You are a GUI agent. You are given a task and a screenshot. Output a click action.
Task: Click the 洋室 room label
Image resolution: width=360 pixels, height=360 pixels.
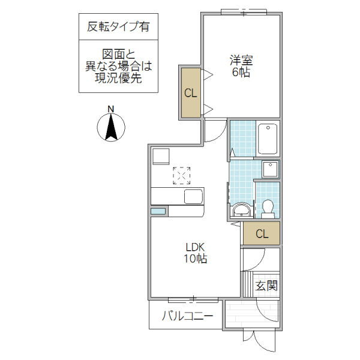tap(241, 60)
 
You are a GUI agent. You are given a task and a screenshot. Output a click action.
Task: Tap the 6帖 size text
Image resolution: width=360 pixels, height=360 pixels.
tap(241, 72)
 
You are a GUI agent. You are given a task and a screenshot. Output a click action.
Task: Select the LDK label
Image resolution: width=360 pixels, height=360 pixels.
tap(195, 247)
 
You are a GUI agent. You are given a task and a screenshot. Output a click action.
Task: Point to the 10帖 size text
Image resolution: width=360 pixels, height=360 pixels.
tap(195, 259)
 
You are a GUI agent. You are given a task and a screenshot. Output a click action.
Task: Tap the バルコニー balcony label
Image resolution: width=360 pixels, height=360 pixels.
tap(187, 316)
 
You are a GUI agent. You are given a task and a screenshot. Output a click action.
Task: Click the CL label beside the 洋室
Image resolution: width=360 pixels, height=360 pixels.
tap(190, 93)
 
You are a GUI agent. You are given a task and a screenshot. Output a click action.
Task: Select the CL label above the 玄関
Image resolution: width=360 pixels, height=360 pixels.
tap(262, 233)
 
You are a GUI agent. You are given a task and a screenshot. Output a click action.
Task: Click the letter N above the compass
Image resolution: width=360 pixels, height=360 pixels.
tap(110, 109)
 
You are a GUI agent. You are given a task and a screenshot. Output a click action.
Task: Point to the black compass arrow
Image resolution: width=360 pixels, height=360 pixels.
tap(110, 127)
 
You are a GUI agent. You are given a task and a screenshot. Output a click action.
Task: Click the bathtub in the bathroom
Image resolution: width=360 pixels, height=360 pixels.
tap(267, 140)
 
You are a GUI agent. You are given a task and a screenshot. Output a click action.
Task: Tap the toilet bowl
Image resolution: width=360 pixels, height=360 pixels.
tap(268, 208)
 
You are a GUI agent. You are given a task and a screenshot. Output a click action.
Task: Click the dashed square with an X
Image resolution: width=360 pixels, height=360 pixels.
tap(182, 176)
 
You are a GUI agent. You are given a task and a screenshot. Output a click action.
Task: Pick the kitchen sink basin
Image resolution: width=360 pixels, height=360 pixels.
tap(194, 196)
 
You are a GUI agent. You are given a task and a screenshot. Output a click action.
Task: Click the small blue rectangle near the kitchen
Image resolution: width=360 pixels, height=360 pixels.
tap(158, 211)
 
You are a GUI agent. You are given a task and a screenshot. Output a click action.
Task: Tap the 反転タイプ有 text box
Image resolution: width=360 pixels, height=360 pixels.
tap(119, 26)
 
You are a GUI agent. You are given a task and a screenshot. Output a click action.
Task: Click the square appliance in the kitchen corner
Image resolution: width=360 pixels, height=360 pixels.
tap(161, 156)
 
